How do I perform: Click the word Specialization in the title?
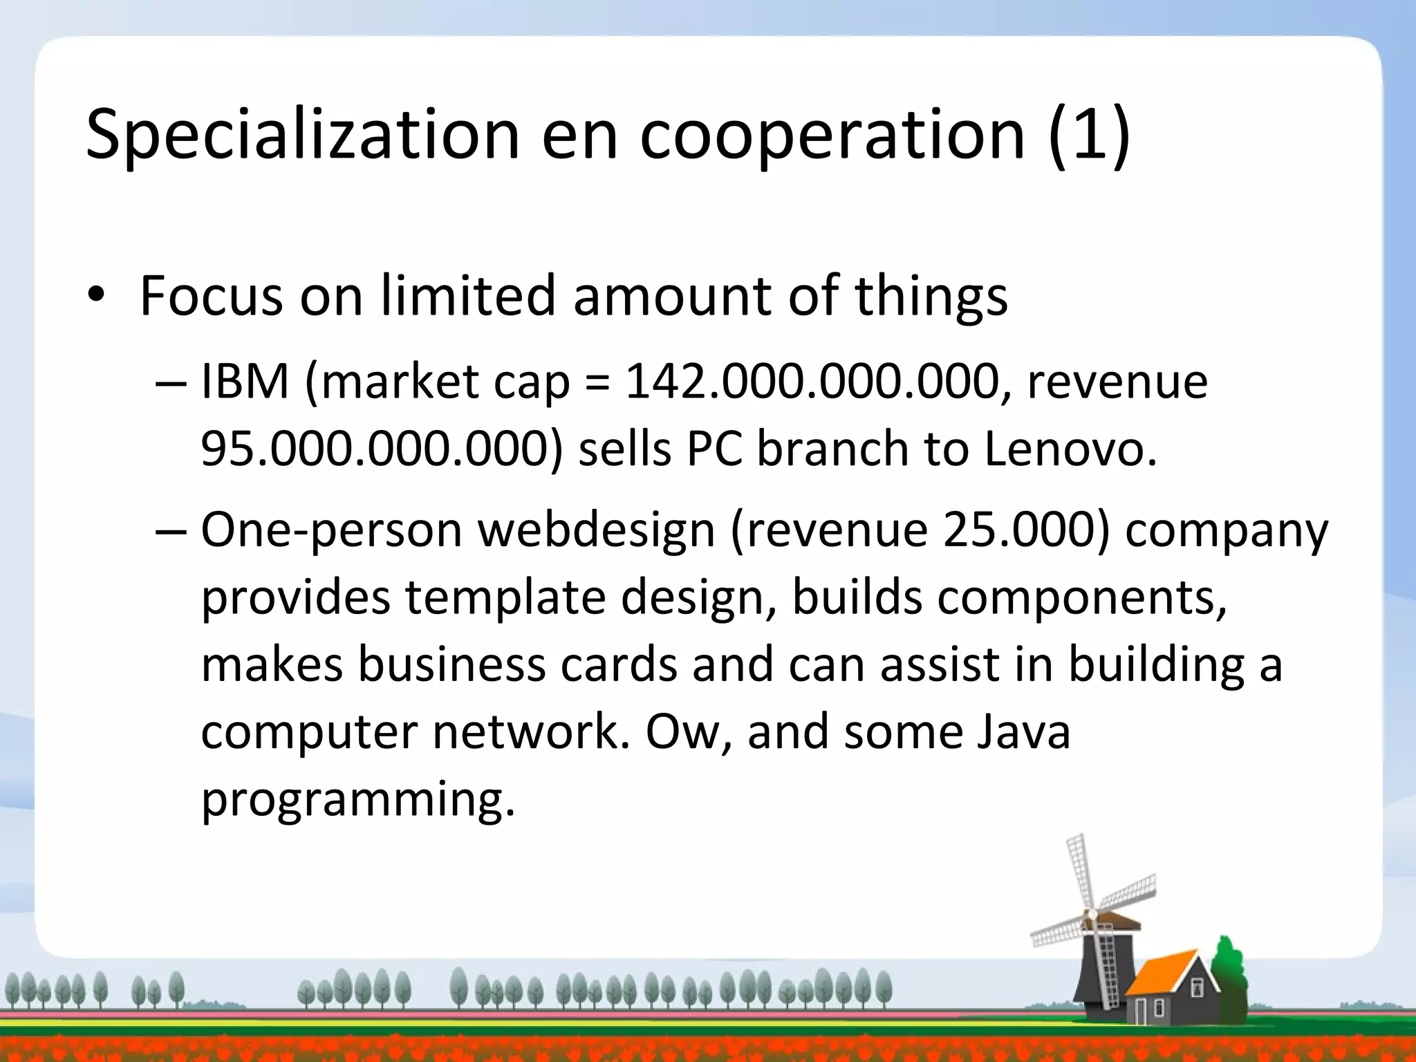coord(302,134)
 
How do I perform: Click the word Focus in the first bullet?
coord(211,296)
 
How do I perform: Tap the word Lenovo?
coord(1069,449)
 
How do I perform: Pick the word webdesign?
coord(596,530)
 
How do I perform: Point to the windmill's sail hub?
coord(1092,915)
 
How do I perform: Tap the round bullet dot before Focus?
coord(95,296)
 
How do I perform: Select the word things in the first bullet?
coord(931,296)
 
